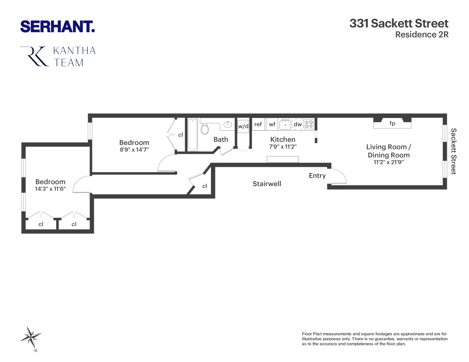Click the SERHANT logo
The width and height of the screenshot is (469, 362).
(57, 27)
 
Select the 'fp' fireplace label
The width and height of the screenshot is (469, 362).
(392, 123)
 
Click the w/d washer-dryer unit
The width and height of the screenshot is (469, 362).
(243, 126)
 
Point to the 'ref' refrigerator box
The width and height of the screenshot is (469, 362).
(258, 124)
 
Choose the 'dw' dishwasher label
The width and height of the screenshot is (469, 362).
(298, 124)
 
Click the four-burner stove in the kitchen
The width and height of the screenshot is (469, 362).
(309, 124)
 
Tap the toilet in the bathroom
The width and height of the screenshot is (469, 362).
(205, 129)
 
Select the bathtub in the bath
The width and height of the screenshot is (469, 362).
(192, 135)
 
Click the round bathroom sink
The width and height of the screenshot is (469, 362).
(228, 125)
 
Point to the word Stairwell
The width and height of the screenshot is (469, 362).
(267, 184)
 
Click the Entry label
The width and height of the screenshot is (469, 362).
(317, 176)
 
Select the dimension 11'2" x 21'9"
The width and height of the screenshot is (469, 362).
(389, 162)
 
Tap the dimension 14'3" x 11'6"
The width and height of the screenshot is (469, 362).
(50, 189)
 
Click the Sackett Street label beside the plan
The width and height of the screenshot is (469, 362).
(453, 151)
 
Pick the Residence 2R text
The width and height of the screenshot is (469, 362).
(422, 35)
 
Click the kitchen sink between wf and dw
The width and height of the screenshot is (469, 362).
(285, 125)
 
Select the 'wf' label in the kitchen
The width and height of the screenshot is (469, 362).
(272, 124)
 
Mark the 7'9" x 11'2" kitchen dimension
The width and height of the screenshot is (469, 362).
(283, 147)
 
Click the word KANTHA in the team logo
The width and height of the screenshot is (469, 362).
(75, 51)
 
